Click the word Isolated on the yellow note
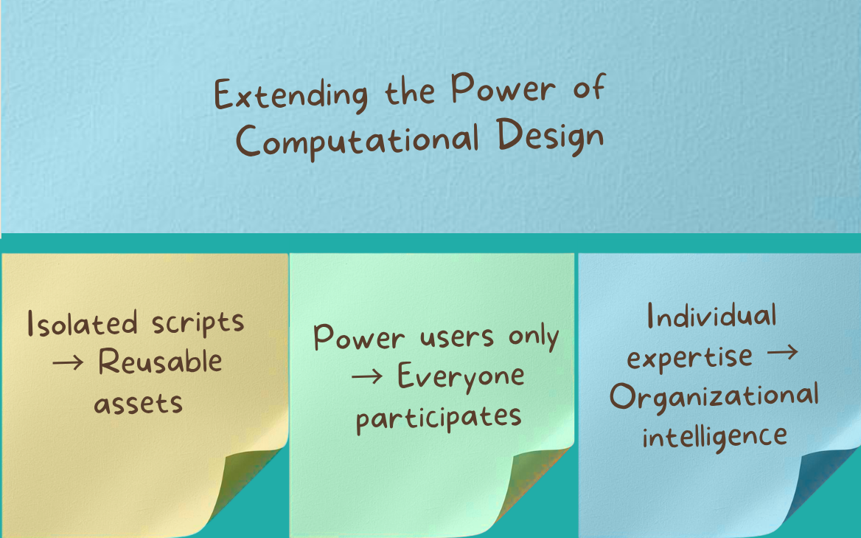click(x=82, y=323)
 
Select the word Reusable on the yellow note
click(x=160, y=362)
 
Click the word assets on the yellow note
click(x=138, y=402)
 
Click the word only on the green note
click(x=533, y=337)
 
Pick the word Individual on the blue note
click(x=711, y=317)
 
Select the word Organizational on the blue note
click(x=714, y=396)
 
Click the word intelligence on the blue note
click(x=714, y=435)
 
